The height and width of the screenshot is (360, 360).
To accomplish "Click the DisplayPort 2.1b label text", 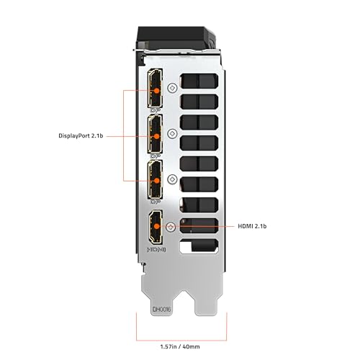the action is (81, 136).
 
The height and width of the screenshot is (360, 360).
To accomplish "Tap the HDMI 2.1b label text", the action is (252, 226).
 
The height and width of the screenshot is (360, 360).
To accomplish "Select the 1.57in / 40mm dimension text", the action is (180, 346).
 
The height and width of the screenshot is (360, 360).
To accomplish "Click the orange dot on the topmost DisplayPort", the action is (156, 91).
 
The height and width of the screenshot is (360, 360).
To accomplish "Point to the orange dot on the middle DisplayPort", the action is (156, 136).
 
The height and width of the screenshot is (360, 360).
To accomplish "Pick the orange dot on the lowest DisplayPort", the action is (156, 181).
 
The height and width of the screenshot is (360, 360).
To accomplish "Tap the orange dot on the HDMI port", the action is (156, 226).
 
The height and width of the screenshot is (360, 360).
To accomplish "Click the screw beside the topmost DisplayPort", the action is (172, 88).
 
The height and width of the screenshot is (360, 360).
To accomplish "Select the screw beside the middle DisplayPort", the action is (172, 133).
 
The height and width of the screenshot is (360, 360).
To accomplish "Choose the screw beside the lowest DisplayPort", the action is (172, 179).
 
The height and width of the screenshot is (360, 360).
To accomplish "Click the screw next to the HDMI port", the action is (171, 227).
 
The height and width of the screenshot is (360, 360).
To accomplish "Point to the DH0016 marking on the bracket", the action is (161, 309).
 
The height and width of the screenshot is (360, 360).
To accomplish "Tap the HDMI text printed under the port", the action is (156, 250).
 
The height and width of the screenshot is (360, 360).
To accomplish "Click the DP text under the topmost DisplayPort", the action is (156, 110).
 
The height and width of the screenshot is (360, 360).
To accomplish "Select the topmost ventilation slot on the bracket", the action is (199, 81).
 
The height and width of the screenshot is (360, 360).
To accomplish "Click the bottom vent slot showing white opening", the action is (199, 246).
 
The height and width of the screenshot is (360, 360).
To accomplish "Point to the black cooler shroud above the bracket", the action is (176, 37).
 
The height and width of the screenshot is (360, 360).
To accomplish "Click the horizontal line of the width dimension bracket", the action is (181, 341).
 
